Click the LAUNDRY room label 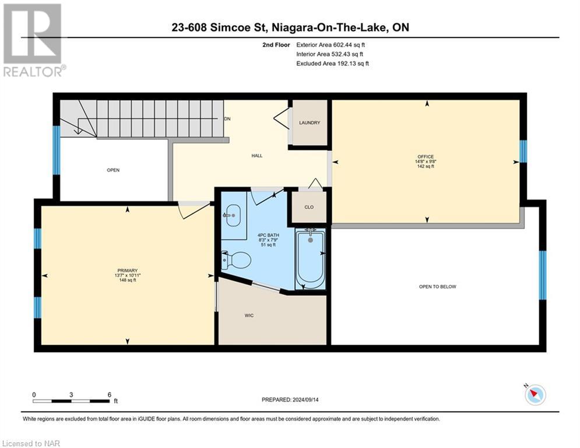(310, 123)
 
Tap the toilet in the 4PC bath (237, 258)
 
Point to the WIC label (249, 316)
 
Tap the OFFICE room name (425, 156)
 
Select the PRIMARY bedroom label (127, 270)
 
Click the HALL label (256, 156)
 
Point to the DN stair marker (227, 118)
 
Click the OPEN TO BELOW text (437, 286)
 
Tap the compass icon (535, 395)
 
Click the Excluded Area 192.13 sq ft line (332, 64)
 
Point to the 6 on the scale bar (109, 394)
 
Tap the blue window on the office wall (523, 152)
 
